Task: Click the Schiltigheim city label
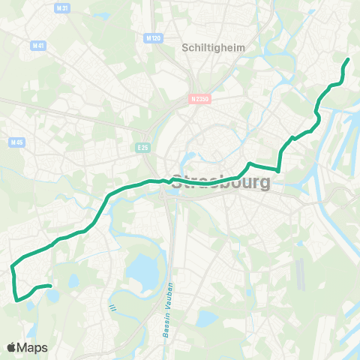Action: (205, 46)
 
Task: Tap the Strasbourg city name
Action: (221, 182)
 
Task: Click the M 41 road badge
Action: (37, 45)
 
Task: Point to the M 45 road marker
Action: (17, 142)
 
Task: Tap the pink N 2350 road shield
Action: (199, 97)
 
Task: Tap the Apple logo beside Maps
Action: (12, 347)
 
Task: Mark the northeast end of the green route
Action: (348, 59)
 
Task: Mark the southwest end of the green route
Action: (49, 286)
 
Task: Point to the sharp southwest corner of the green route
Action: (16, 301)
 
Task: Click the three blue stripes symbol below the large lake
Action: (113, 306)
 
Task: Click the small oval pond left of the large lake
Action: (73, 281)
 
